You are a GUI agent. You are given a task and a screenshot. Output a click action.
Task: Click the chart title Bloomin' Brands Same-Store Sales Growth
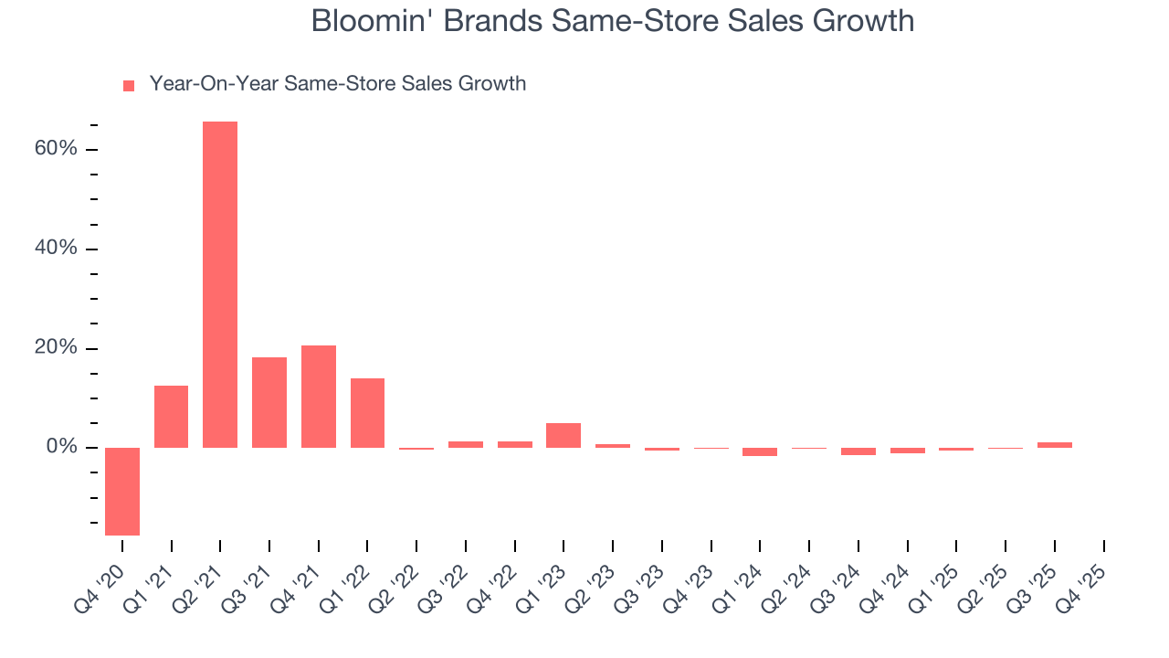612,20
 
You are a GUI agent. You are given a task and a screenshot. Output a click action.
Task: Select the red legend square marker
129,85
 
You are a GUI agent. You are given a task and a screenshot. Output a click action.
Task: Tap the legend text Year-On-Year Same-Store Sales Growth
337,84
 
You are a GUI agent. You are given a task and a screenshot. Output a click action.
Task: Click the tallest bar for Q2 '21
220,284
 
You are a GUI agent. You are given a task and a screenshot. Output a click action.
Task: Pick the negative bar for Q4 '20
122,491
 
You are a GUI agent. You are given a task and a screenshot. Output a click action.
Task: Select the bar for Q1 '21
172,417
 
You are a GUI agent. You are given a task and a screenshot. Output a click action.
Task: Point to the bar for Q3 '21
269,402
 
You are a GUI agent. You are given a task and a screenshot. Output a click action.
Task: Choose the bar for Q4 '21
319,396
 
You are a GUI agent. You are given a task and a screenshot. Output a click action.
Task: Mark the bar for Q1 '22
367,412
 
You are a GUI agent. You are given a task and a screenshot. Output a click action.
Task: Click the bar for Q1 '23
563,435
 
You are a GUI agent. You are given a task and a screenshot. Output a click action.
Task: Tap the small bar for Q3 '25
1055,445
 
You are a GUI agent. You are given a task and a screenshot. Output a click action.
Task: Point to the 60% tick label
57,149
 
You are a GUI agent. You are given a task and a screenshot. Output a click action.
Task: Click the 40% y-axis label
57,249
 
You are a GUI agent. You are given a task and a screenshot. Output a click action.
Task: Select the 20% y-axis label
57,348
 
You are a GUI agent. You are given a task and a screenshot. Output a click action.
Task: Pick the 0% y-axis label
62,447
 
